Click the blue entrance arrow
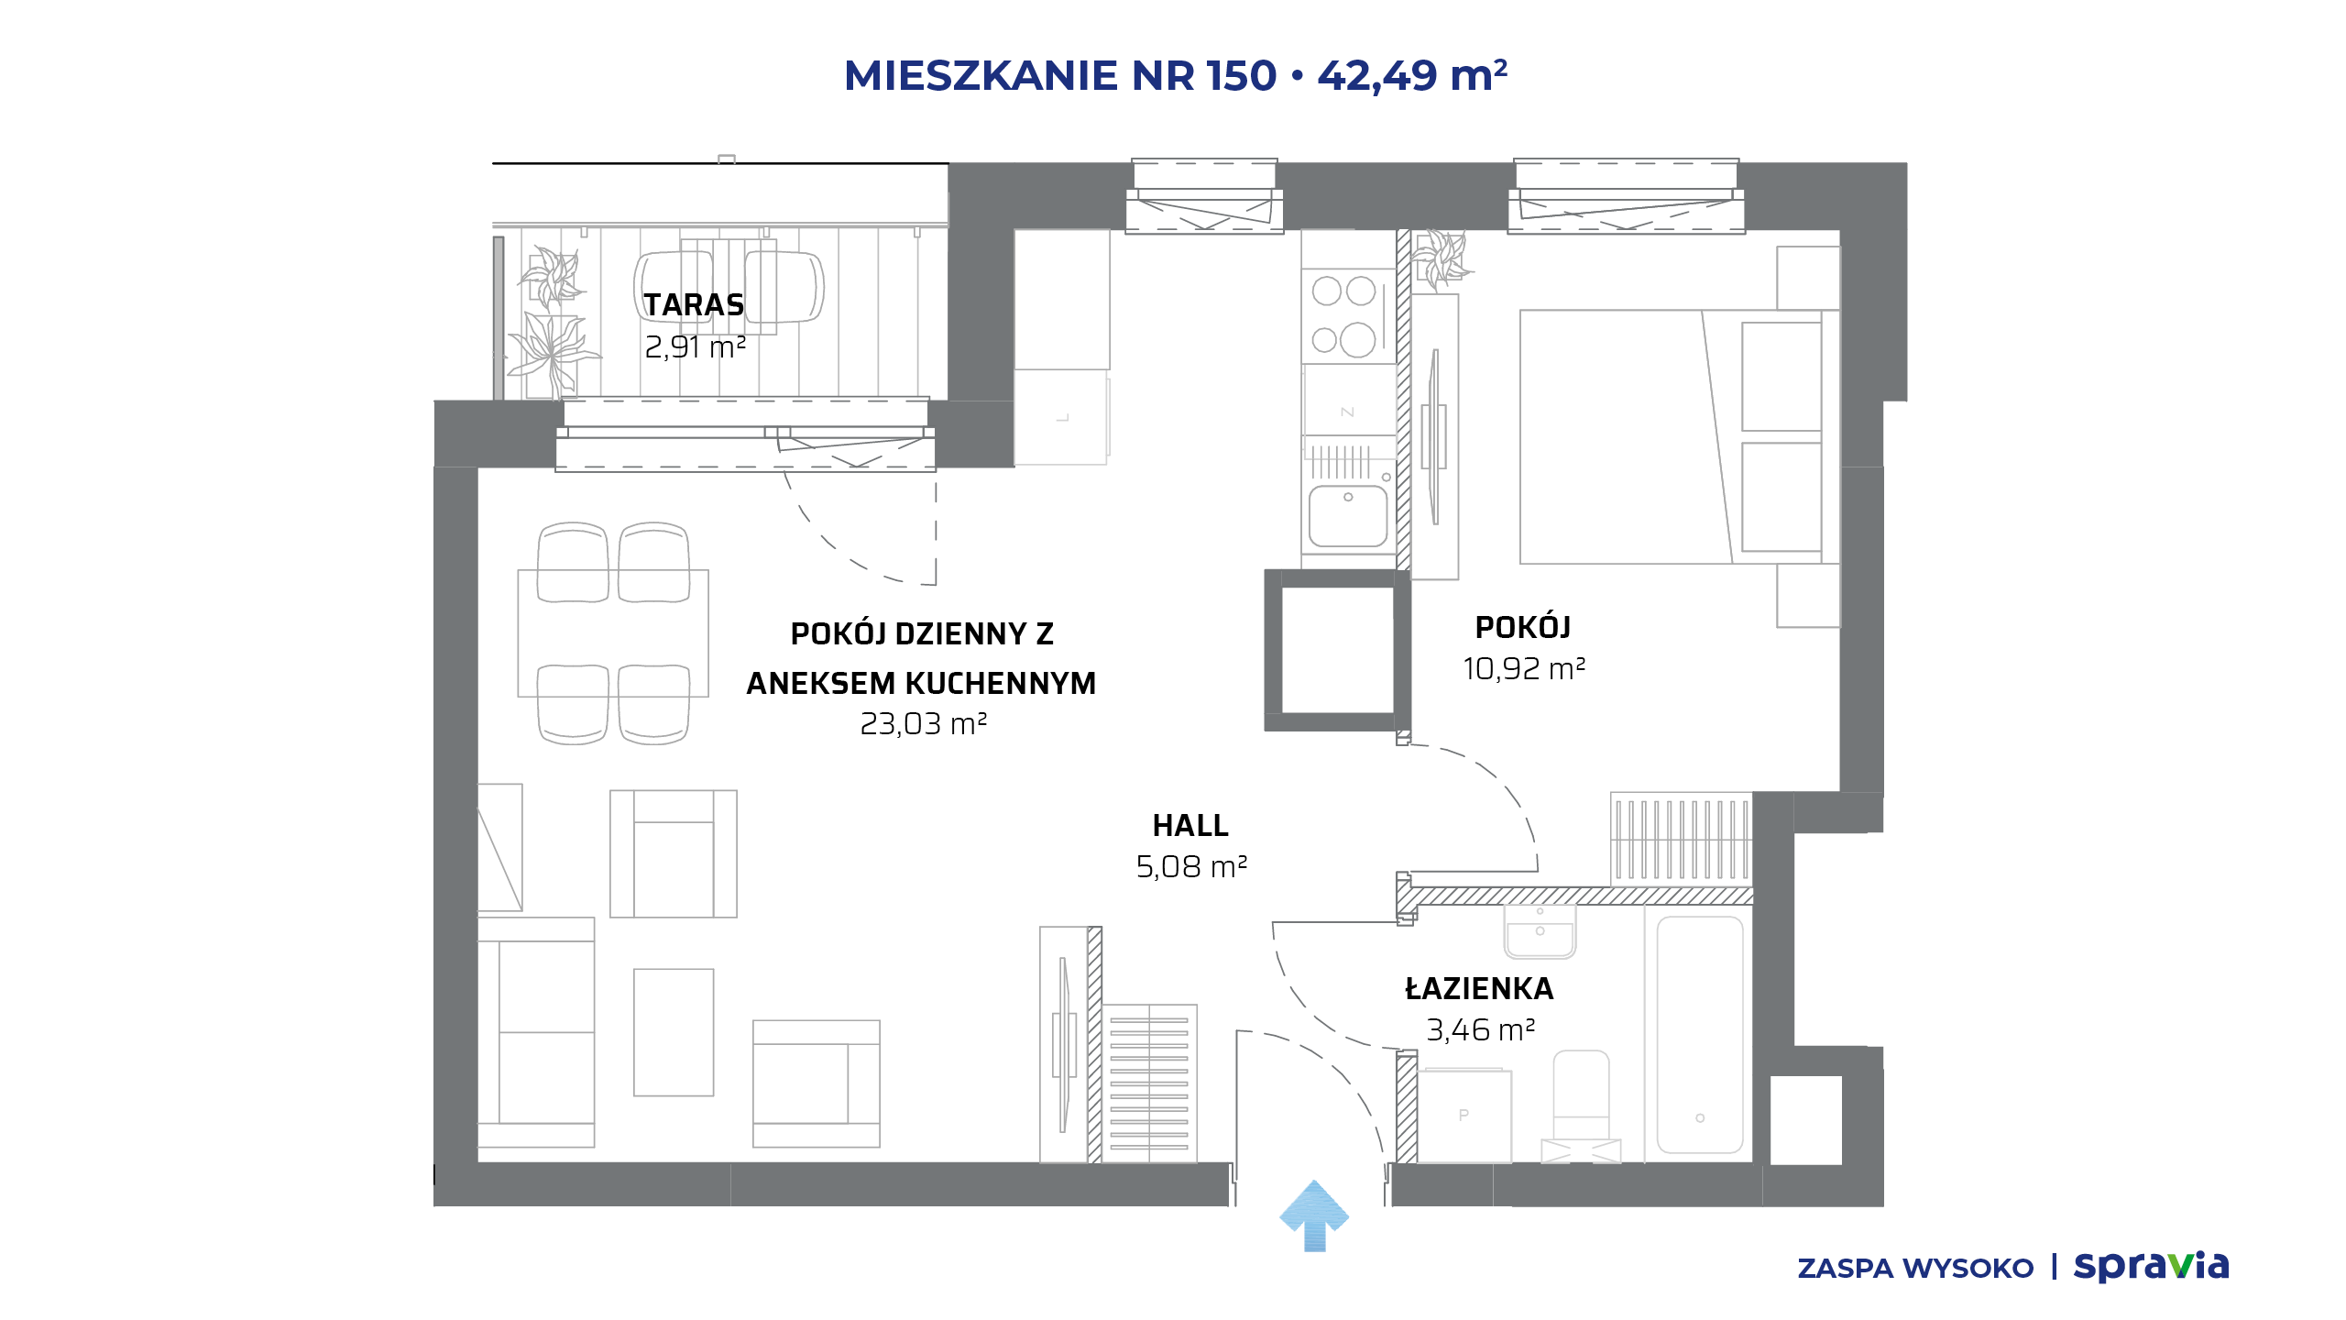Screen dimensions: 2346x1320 coord(1314,1215)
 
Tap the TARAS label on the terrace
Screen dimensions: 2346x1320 coord(694,304)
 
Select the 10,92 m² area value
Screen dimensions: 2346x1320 coord(1524,668)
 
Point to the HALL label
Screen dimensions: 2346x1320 coord(1190,825)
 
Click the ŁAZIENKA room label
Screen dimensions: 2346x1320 coord(1479,988)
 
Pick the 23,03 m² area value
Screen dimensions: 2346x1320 coord(923,724)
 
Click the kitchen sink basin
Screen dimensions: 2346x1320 coord(1348,515)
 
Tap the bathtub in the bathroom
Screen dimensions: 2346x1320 coord(1700,1034)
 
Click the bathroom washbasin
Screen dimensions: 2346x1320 coord(1540,931)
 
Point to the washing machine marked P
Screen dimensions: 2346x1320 coord(1464,1115)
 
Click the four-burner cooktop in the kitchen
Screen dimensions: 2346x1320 coord(1348,315)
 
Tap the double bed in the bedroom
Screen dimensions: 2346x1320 coord(1671,436)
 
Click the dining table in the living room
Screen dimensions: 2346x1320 coord(613,632)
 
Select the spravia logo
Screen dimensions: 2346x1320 coord(2151,1266)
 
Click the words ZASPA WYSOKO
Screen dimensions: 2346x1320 coord(1915,1269)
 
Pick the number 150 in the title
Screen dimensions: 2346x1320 coord(1242,75)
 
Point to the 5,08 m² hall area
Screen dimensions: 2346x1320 coord(1191,866)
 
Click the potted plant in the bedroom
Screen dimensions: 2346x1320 coord(1442,258)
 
